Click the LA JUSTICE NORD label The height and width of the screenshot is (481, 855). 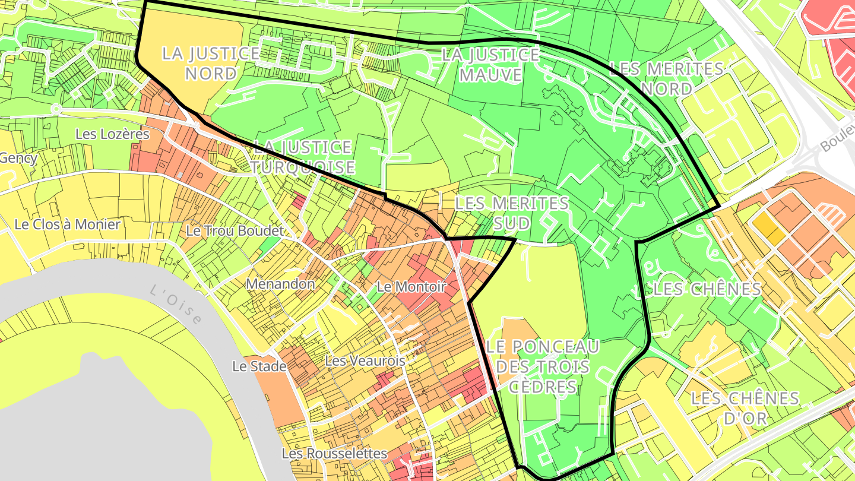tap(211, 64)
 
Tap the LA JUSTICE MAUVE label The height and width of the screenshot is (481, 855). tap(490, 65)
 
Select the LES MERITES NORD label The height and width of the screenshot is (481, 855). tap(666, 78)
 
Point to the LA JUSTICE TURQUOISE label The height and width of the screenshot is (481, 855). tap(303, 157)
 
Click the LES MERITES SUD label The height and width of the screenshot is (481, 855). tap(511, 213)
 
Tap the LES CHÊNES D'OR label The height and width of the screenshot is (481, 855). tap(745, 407)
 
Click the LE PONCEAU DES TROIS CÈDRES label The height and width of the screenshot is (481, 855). tap(541, 366)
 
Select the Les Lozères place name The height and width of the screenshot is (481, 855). tap(112, 134)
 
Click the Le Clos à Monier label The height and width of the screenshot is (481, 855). tap(67, 224)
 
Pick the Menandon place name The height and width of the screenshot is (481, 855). tap(280, 284)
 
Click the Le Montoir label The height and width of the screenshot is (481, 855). tap(411, 287)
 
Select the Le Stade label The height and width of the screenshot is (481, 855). tap(259, 366)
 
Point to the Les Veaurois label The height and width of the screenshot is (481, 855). tap(365, 360)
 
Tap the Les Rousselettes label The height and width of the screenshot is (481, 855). tap(334, 454)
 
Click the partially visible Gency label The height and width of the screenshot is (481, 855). tap(18, 159)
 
